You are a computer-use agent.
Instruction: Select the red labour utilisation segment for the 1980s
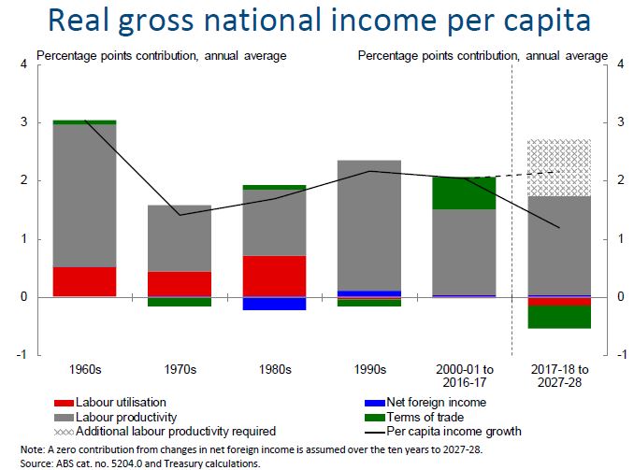(274, 276)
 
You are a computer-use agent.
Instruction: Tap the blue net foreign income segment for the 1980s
(274, 304)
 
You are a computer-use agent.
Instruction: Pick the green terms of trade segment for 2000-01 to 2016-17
(465, 192)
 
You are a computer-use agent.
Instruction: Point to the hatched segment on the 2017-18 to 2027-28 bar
(559, 167)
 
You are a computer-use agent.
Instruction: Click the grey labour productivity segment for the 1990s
(369, 225)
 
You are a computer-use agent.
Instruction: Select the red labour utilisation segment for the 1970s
(179, 284)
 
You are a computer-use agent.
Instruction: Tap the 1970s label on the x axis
(179, 369)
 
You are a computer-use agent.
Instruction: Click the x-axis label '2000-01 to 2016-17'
(465, 376)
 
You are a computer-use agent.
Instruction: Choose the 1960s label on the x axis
(84, 369)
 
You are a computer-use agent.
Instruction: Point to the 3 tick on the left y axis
(23, 122)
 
